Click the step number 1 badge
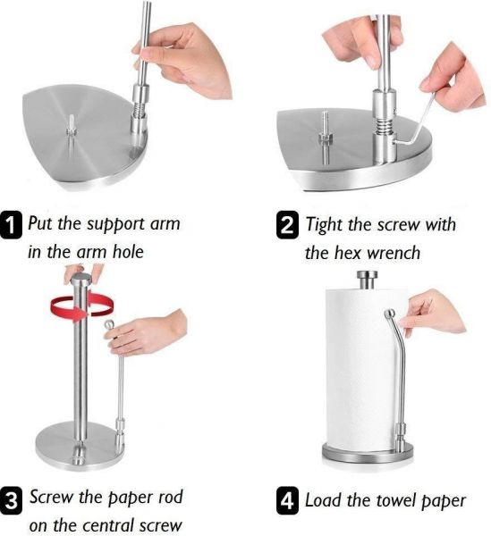(11, 224)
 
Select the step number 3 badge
(11, 501)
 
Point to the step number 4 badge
(287, 501)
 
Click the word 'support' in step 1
(115, 225)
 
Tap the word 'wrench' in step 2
(393, 254)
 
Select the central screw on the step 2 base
(325, 137)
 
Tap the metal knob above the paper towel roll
(367, 279)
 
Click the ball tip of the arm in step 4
(390, 314)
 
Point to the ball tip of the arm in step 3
(109, 324)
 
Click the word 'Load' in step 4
(323, 500)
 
